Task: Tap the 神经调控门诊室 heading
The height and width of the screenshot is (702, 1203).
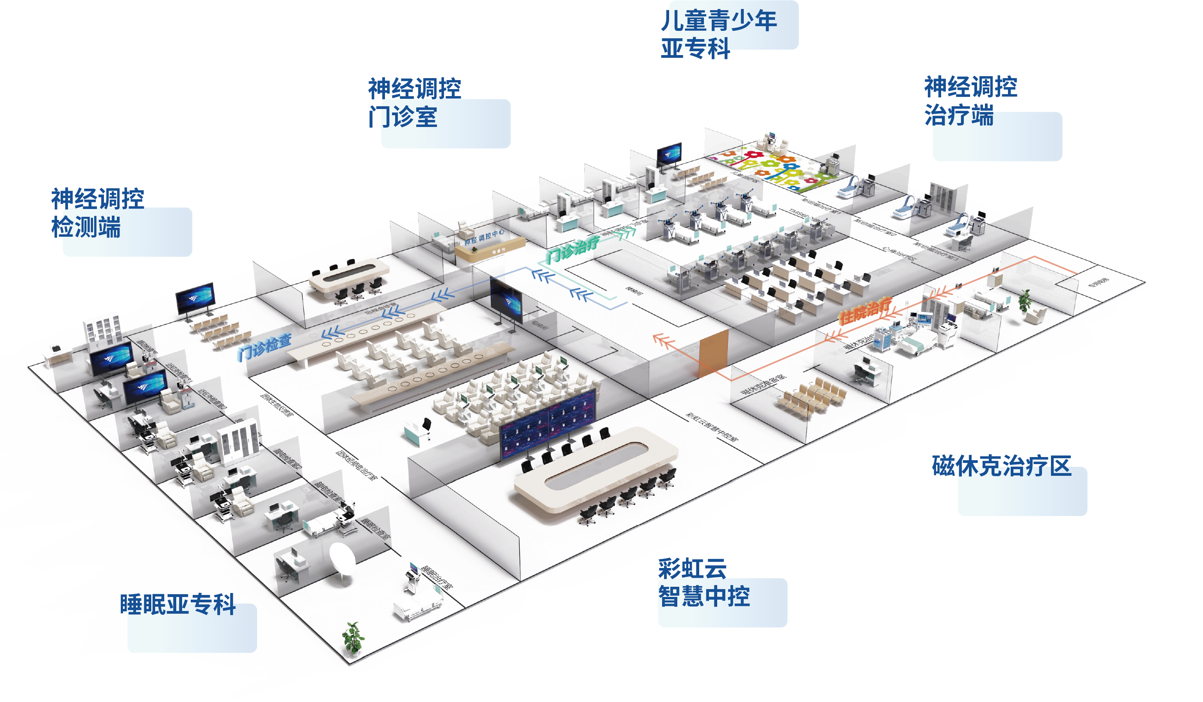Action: [414, 103]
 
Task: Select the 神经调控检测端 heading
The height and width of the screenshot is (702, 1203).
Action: [97, 213]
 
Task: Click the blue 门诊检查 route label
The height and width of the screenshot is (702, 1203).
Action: [265, 347]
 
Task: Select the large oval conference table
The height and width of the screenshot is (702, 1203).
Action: [595, 470]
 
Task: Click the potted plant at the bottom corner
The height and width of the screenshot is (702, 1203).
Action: [353, 637]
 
